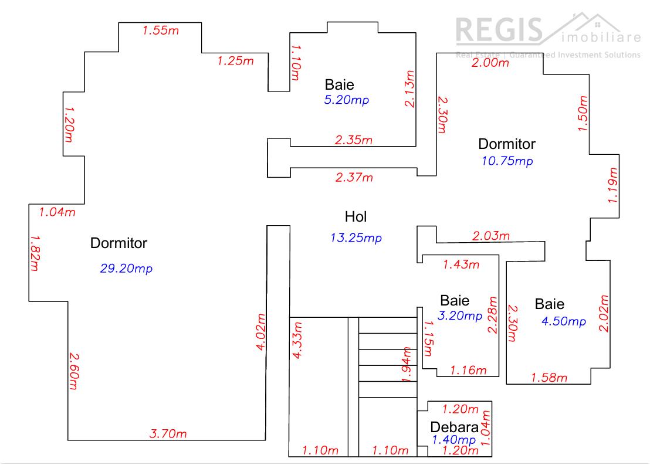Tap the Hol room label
point(356,216)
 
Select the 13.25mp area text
point(356,237)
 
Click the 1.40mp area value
point(453,439)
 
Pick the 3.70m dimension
point(168,434)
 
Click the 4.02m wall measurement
point(261,332)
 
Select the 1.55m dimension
point(160,30)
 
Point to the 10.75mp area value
point(507,161)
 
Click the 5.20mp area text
point(346,100)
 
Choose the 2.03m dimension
point(491,236)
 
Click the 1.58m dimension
point(549,378)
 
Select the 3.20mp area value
point(460,316)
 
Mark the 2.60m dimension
point(73,371)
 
